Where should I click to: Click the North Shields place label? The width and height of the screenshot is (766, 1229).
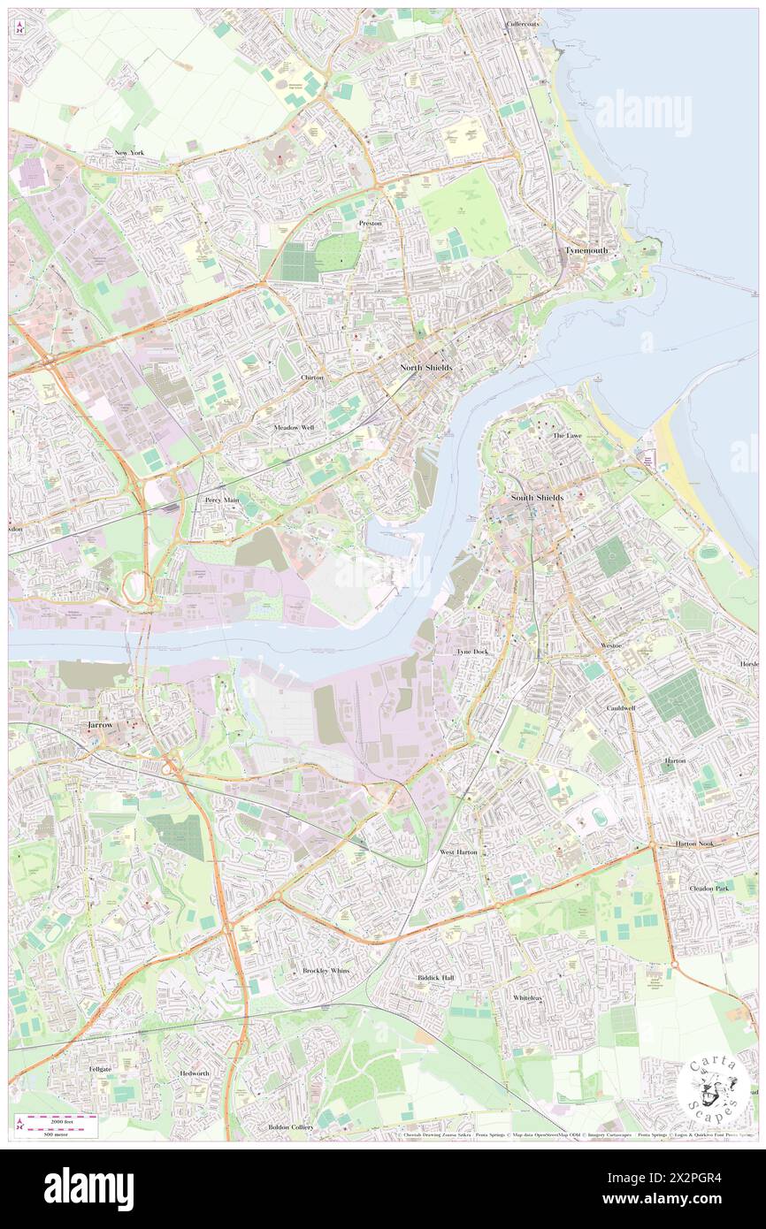[x=425, y=368]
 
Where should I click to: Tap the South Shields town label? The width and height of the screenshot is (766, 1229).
[x=536, y=498]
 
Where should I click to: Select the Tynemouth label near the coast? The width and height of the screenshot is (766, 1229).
[x=586, y=250]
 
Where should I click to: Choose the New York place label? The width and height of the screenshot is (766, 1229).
[x=128, y=153]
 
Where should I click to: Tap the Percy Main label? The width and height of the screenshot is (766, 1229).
[x=222, y=500]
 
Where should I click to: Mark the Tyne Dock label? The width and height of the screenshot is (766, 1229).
[x=471, y=652]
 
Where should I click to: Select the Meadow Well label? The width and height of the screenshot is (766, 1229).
[x=294, y=427]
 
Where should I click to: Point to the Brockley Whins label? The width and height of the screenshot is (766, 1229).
[x=326, y=970]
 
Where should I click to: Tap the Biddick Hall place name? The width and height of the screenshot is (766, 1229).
[x=435, y=978]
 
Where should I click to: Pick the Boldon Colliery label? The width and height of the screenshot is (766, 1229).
[x=290, y=1127]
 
